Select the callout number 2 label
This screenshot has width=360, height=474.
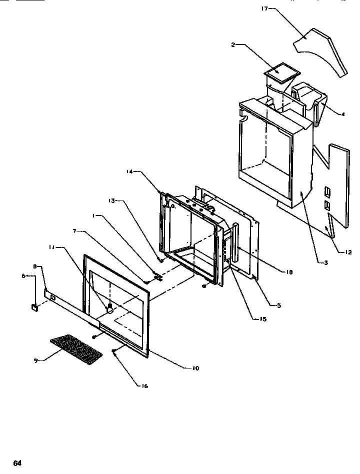tap(233, 45)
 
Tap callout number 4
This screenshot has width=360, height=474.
tap(343, 114)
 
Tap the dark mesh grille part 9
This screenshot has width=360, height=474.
tap(76, 348)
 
